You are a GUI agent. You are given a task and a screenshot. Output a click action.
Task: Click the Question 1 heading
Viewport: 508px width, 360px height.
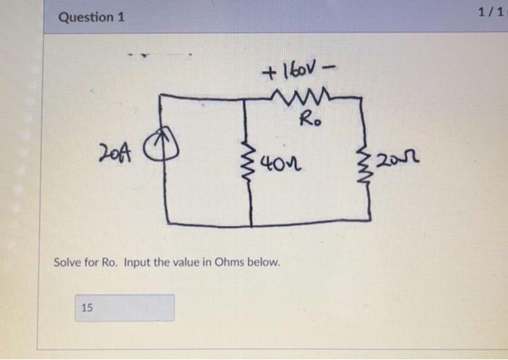tap(91, 17)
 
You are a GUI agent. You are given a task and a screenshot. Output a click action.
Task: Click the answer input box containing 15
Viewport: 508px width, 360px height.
tap(124, 308)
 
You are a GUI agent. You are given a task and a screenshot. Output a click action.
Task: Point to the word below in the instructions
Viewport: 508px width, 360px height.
tap(264, 261)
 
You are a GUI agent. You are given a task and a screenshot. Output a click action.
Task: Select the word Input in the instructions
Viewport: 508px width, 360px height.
tap(137, 261)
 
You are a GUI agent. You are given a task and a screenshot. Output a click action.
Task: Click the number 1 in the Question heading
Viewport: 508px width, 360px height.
tap(121, 17)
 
